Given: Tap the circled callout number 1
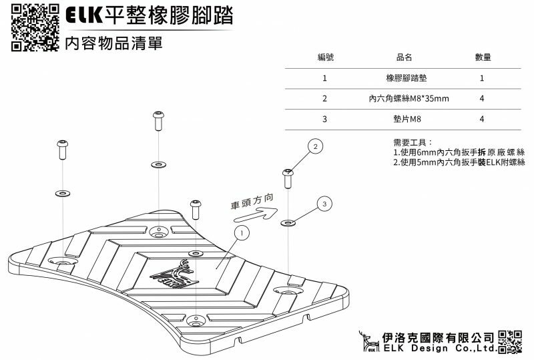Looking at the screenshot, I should [x=241, y=232].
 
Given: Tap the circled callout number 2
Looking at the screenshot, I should [x=316, y=146].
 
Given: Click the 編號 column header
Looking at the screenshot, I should [x=324, y=57].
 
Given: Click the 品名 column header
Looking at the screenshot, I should [x=405, y=57].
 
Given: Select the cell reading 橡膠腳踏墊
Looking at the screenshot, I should [x=405, y=78].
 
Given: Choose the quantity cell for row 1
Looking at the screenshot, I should [x=481, y=78].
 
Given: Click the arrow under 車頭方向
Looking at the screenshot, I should [x=258, y=214].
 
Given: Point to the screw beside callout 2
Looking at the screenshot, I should [x=288, y=178].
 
